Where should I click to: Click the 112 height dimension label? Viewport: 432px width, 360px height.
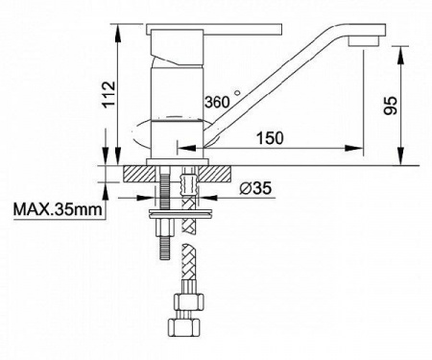coord(108,95)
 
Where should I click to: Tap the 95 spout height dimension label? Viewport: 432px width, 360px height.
coord(391,106)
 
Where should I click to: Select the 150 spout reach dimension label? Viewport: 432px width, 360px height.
coord(270,138)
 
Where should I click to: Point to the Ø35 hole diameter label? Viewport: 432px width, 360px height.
coord(255,188)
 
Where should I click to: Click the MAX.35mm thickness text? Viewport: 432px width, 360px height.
coord(58,210)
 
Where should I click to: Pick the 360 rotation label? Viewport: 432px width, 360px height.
coord(217,102)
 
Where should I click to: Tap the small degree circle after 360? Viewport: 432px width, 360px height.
coord(237,93)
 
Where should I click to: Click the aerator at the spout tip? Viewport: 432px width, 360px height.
coord(364,41)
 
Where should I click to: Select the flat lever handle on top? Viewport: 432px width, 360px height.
coord(214,29)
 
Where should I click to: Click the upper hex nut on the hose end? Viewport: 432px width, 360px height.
coord(189,301)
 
